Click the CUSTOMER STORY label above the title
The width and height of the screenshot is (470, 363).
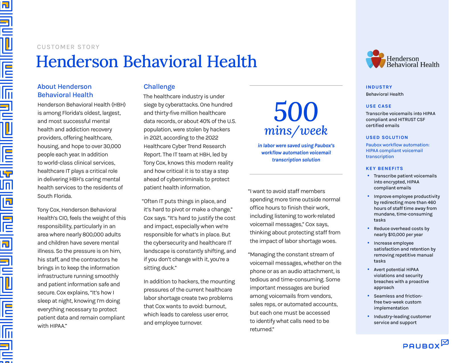pos(68,47)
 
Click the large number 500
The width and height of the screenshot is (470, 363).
pos(296,112)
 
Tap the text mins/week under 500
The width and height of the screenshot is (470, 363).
pos(296,131)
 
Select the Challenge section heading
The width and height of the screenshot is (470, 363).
pos(159,87)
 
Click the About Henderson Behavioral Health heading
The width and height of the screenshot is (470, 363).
pos(65,91)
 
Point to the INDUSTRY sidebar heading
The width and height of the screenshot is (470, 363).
pos(379,87)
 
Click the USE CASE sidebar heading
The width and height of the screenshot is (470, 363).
pos(379,106)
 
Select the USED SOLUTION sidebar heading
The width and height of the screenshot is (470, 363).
pos(387,138)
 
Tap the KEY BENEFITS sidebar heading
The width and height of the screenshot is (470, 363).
pos(384,169)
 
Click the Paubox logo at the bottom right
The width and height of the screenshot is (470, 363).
pos(425,344)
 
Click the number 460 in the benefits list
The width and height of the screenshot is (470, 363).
pos(432,202)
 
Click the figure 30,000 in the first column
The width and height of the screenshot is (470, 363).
pos(112,146)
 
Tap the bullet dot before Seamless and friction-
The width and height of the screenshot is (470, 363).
pos(368,296)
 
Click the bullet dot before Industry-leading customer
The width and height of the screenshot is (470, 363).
pos(368,316)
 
